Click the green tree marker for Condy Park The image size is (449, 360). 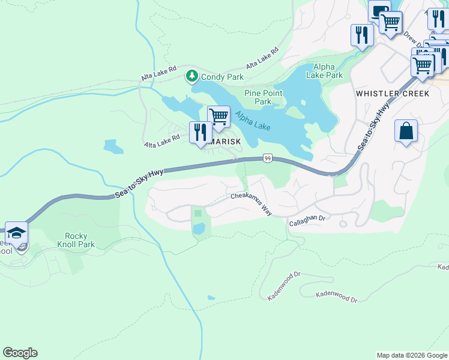tap(191, 76)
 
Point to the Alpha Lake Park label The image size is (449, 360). tap(324, 71)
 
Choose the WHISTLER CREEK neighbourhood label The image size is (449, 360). tap(393, 94)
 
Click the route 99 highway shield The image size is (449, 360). tap(268, 158)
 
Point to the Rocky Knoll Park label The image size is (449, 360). tap(80, 240)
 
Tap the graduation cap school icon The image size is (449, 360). tap(16, 233)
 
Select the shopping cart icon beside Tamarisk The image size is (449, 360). tap(218, 116)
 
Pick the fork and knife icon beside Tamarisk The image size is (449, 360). tap(200, 132)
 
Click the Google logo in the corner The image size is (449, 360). tap(20, 353)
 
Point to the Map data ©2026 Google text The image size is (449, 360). tap(411, 355)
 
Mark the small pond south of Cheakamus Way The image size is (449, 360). tap(199, 229)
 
